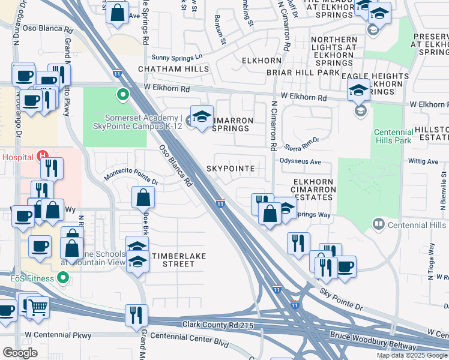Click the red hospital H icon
coord(43,157)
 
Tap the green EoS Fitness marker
coord(62,278)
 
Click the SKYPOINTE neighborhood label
coord(231,169)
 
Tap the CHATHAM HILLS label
coord(173,69)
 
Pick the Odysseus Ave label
coord(300,161)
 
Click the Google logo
coord(20,352)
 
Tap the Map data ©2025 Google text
coord(412,355)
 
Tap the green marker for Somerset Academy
coord(123,94)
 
